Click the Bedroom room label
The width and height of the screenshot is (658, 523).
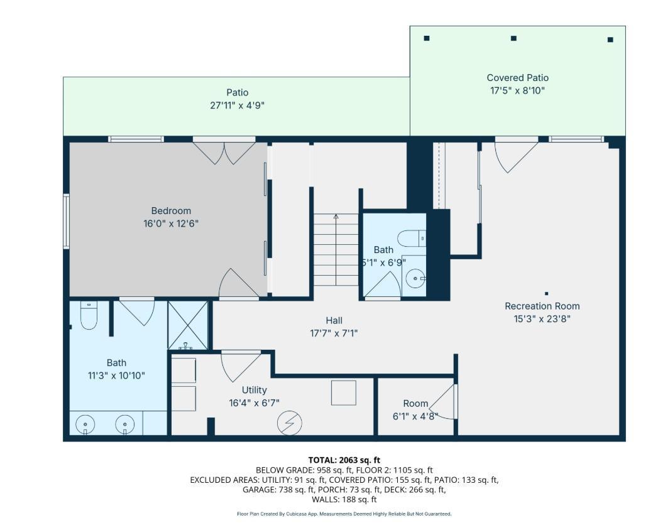point(171,211)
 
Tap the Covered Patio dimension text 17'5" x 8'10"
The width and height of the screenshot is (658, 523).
point(517,90)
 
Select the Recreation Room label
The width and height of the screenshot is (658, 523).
point(542,306)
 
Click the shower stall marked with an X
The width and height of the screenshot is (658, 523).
point(188,325)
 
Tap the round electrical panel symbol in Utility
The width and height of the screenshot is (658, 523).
point(290,423)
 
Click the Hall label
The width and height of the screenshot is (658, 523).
point(334,321)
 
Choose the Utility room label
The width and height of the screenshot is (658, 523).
point(255,390)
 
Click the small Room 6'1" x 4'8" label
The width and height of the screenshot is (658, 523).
point(415,404)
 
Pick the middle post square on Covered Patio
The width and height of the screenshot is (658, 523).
point(513,38)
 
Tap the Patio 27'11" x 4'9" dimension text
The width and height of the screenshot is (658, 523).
point(237,105)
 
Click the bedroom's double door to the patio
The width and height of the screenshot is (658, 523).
point(224,153)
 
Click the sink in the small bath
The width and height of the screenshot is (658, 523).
point(415,279)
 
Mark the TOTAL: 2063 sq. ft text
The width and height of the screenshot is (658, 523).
point(344,460)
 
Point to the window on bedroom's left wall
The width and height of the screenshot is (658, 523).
point(67,221)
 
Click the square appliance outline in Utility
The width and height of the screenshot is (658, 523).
point(344,392)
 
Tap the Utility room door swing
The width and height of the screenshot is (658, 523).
point(241,367)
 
